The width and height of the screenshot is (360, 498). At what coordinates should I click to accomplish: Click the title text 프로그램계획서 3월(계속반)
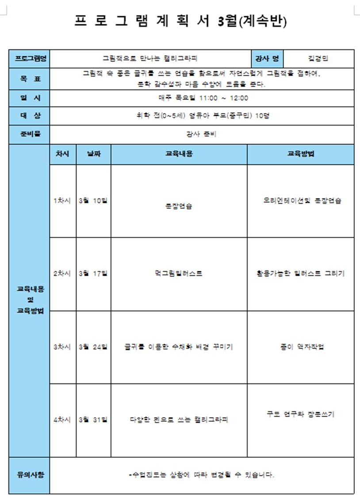click(181, 21)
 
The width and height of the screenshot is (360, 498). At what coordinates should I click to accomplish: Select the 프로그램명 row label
click(30, 58)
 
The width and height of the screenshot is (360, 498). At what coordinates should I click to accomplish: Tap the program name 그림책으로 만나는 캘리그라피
click(150, 58)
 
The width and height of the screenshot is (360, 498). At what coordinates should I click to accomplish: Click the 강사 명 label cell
click(267, 58)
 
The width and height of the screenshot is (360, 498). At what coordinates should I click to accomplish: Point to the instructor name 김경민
click(318, 58)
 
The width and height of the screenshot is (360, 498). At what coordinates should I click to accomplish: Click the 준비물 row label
click(30, 134)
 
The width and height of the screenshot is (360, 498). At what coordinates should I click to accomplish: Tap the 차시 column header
click(62, 154)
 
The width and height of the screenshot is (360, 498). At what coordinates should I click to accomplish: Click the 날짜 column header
click(93, 154)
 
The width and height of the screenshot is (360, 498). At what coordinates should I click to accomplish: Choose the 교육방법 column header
click(300, 154)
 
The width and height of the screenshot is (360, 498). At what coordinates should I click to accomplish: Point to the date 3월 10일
click(93, 201)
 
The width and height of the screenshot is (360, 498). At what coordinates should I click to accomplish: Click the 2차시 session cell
click(62, 274)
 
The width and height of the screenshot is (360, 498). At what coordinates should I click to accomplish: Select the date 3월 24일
click(93, 347)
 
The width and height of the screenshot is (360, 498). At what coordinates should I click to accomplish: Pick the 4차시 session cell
click(62, 420)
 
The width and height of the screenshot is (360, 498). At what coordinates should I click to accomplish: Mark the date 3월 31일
click(93, 420)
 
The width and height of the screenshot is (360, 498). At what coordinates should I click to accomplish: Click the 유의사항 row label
click(30, 475)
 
